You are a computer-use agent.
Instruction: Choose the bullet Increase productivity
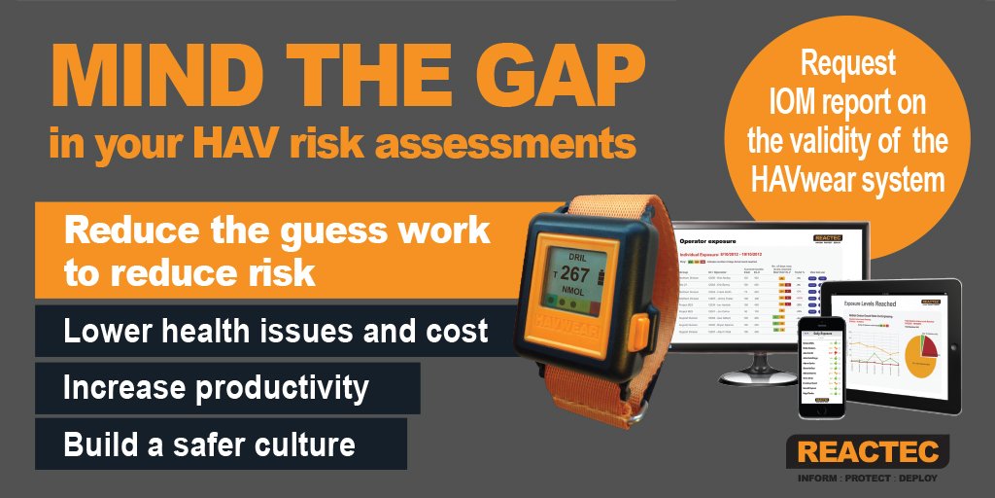click(216, 387)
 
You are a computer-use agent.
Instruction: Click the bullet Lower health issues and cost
click(275, 331)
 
